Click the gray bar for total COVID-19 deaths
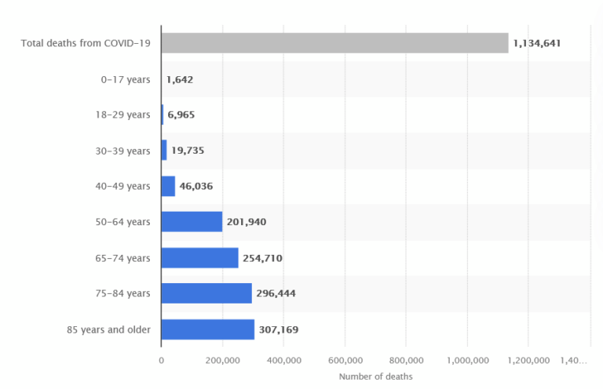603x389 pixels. (x=334, y=43)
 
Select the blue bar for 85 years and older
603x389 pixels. (x=207, y=329)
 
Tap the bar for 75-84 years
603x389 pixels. (x=206, y=293)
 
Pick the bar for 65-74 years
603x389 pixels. (x=199, y=258)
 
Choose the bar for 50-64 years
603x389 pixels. (x=192, y=222)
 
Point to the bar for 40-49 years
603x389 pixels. (x=168, y=186)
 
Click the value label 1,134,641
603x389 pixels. (x=536, y=43)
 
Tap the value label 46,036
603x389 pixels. (x=196, y=186)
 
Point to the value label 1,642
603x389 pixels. (x=179, y=79)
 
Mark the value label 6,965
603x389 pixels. (x=181, y=115)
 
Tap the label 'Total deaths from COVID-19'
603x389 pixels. (x=86, y=43)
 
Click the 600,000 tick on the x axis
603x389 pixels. (x=345, y=360)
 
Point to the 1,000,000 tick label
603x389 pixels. (x=467, y=360)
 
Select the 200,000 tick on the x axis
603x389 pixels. (x=222, y=360)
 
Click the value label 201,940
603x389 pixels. (x=247, y=222)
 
